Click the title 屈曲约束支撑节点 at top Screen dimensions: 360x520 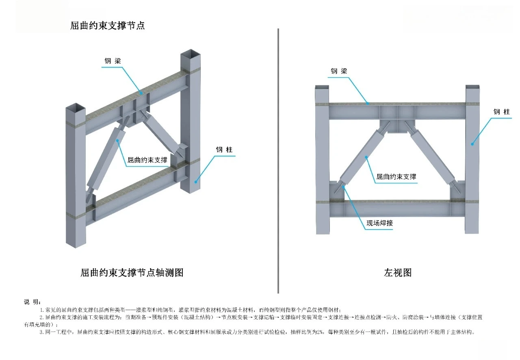[x=107, y=26]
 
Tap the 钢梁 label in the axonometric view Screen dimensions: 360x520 [x=113, y=61]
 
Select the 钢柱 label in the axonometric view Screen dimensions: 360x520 [x=224, y=150]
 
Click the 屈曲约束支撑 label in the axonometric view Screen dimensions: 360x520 [x=147, y=160]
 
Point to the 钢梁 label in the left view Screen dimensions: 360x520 [x=339, y=71]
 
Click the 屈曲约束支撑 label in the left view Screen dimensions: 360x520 [x=396, y=176]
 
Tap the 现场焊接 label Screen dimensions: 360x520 [x=379, y=223]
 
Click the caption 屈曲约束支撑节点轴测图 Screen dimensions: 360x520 [x=132, y=272]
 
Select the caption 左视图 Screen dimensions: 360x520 [x=398, y=272]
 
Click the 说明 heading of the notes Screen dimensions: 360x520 [x=32, y=301]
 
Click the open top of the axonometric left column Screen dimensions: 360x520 [x=76, y=108]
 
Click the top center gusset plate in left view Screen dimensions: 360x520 [x=397, y=126]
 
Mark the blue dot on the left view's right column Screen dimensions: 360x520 [x=472, y=143]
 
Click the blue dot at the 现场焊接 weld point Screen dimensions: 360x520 [x=344, y=186]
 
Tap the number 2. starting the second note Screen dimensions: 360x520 [x=41, y=317]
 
